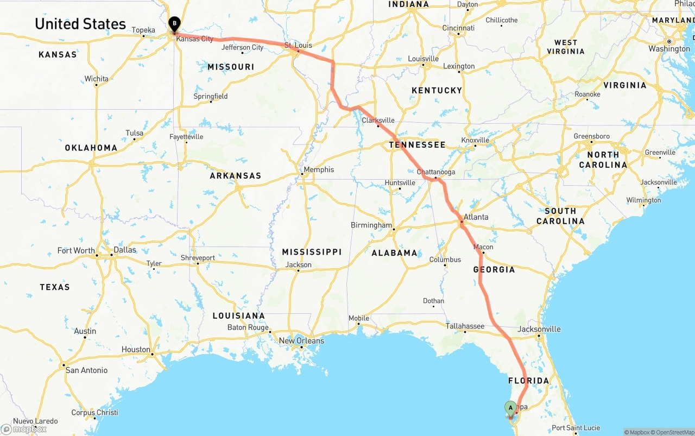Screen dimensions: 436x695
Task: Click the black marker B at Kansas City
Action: (x=174, y=24)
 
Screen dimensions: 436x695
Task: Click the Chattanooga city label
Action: (x=436, y=172)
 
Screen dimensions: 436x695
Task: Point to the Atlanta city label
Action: (x=476, y=217)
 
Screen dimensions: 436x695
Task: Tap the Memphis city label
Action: (x=319, y=169)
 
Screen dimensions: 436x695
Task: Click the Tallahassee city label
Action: (x=465, y=326)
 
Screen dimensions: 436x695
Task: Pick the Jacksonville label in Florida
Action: (x=539, y=329)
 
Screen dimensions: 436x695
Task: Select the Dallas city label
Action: (x=125, y=250)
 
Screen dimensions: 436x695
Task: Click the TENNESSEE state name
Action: (x=417, y=145)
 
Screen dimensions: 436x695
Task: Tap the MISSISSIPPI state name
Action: (x=312, y=252)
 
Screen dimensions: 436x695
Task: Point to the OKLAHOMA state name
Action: (x=91, y=148)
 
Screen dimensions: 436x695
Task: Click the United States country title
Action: (x=80, y=24)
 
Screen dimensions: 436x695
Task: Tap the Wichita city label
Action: (x=96, y=79)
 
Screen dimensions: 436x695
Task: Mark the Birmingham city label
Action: (x=371, y=225)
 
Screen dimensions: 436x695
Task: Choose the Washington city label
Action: (x=669, y=49)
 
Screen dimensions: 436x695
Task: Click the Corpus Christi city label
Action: (x=94, y=413)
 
